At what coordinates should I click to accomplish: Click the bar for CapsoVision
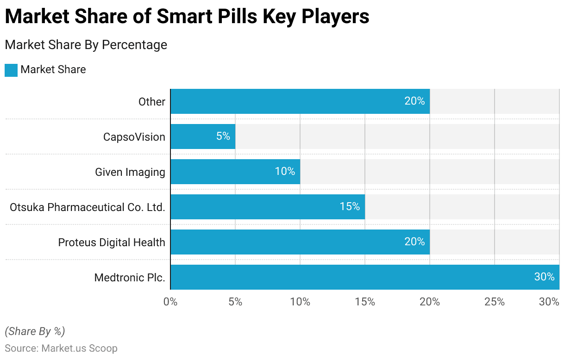click(203, 137)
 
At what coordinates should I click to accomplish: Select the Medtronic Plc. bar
click(364, 277)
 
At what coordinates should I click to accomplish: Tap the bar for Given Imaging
click(235, 172)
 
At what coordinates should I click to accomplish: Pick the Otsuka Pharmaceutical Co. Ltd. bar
click(268, 207)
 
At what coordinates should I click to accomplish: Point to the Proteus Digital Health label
click(112, 242)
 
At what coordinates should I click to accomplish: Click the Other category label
click(152, 101)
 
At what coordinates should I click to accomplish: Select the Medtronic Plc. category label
click(130, 277)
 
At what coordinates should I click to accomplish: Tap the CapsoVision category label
click(134, 137)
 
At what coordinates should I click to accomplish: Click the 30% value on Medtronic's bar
click(544, 277)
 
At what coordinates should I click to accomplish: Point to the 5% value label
click(223, 137)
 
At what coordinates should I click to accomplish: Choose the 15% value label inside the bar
click(350, 207)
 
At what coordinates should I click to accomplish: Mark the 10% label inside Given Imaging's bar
click(285, 171)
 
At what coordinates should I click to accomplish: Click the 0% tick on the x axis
click(170, 302)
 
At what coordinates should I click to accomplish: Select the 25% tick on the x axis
click(495, 302)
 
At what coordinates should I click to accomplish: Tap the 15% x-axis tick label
click(365, 302)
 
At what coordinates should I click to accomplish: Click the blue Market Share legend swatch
click(11, 70)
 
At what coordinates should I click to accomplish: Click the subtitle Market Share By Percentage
click(86, 45)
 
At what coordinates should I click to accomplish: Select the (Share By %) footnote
click(35, 331)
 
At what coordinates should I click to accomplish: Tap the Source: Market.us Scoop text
click(61, 348)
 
